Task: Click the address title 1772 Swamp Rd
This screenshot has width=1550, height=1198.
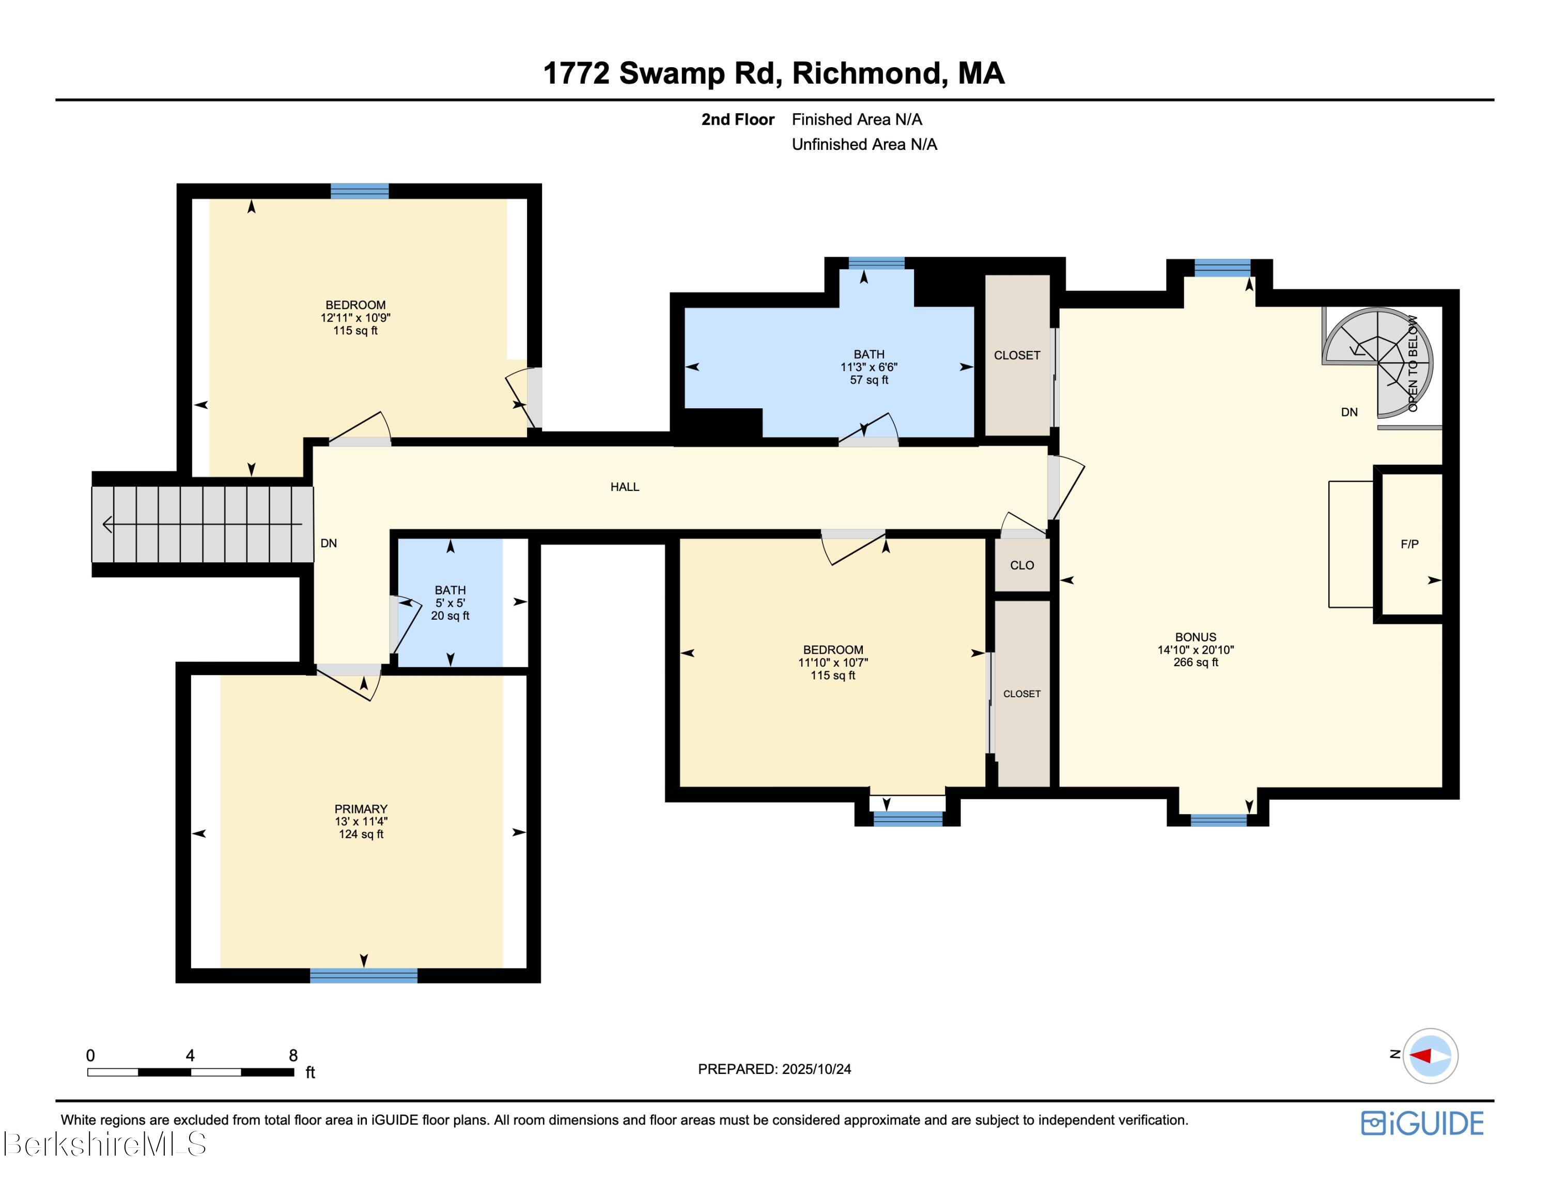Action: pyautogui.click(x=773, y=73)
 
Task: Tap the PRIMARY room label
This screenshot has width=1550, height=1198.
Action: pyautogui.click(x=361, y=809)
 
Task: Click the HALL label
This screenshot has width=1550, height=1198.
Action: pyautogui.click(x=625, y=487)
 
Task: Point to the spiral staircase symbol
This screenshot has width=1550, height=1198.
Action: pyautogui.click(x=1378, y=362)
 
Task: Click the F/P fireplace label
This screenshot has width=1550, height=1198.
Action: pyautogui.click(x=1409, y=544)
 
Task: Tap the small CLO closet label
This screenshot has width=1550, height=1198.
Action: pyautogui.click(x=1021, y=565)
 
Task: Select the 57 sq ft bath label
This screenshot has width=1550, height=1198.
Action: pyautogui.click(x=869, y=380)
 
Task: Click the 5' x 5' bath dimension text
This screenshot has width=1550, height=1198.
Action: pyautogui.click(x=450, y=603)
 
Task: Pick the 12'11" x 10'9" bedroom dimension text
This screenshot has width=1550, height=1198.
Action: pyautogui.click(x=355, y=318)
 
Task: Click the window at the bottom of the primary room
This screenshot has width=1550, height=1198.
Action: pyautogui.click(x=363, y=975)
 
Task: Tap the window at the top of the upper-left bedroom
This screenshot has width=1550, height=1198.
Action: pyautogui.click(x=359, y=191)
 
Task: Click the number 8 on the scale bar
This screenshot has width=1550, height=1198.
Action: pyautogui.click(x=293, y=1055)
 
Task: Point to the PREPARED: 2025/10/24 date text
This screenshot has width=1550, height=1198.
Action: pyautogui.click(x=774, y=1069)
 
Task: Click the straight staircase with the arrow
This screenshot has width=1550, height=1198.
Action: pyautogui.click(x=202, y=525)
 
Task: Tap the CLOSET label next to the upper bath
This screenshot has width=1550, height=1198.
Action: pyautogui.click(x=1016, y=356)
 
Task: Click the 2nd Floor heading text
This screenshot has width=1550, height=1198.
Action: pyautogui.click(x=737, y=120)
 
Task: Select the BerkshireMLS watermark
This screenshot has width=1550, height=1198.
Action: pyautogui.click(x=104, y=1144)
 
